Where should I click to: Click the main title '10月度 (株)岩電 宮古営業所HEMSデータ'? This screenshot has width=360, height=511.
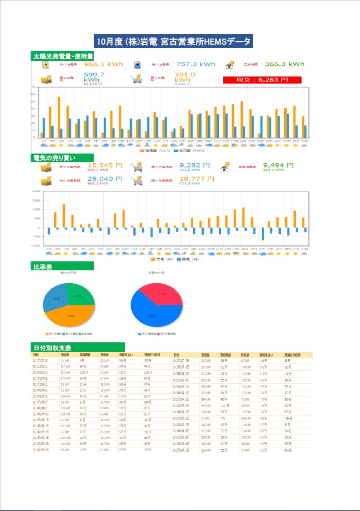tap(174, 41)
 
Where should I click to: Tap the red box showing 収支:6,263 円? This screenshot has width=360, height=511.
tap(262, 80)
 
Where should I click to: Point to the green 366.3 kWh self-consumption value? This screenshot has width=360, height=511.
tap(284, 64)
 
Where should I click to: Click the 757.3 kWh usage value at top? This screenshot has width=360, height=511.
tap(195, 64)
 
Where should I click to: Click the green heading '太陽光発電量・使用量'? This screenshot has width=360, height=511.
tap(62, 56)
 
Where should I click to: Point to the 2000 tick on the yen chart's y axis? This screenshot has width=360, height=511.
tap(36, 192)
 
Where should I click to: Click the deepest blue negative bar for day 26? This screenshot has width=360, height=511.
tap(263, 233)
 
